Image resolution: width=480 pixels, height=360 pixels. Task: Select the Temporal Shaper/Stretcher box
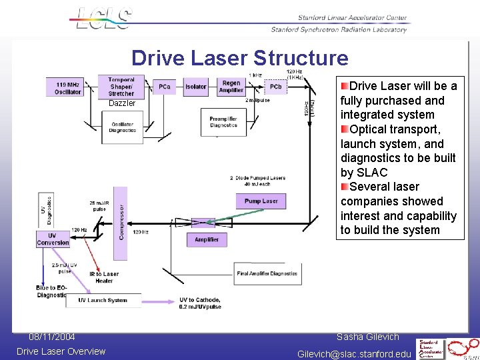pos(121,87)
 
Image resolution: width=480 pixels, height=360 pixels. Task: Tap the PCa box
pos(164,87)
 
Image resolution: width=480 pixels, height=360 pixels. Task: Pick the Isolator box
pos(196,87)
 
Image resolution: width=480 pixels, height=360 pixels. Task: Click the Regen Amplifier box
pos(231,87)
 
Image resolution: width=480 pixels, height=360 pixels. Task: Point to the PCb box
pos(275,87)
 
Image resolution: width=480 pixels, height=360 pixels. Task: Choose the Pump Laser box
pos(261,201)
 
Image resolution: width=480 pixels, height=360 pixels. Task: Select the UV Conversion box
pos(53,239)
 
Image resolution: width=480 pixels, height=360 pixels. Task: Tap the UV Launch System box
pos(103,300)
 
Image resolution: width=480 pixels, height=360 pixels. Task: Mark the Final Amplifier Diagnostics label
pos(267,273)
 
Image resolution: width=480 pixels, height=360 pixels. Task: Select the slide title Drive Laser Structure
pos(239,58)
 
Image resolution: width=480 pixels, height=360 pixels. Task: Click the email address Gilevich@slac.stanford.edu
pos(354,352)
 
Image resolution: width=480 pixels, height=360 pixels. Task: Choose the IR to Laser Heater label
pos(104,277)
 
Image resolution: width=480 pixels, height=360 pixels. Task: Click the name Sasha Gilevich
pos(367,337)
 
